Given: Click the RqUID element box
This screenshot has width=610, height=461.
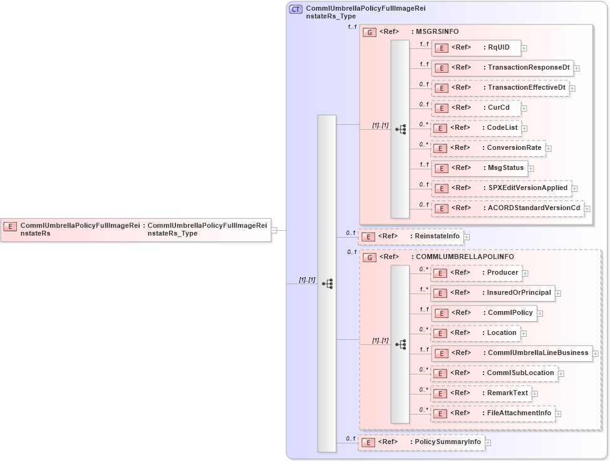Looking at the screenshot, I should (x=476, y=48).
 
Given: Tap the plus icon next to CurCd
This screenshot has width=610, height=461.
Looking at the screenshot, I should (x=524, y=108).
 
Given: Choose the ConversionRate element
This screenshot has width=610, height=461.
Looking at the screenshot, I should (x=488, y=148).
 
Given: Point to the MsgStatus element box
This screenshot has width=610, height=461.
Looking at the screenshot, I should (x=479, y=168).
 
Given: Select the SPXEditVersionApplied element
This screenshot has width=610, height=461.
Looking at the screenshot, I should (x=501, y=188).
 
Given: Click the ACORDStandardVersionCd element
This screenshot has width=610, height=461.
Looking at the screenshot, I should (x=507, y=208).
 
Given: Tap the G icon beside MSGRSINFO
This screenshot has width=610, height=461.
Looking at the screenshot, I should (x=370, y=31).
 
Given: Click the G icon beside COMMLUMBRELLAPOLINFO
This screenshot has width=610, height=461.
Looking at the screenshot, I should (x=370, y=257).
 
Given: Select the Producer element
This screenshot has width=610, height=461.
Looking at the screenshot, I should (x=477, y=273).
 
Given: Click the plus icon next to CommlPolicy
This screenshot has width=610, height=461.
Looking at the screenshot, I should (x=540, y=313).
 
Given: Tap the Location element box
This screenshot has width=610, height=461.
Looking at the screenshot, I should (x=475, y=333).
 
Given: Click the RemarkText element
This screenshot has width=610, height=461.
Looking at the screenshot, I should (x=482, y=393).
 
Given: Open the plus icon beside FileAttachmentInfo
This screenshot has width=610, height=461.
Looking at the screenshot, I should (x=559, y=413).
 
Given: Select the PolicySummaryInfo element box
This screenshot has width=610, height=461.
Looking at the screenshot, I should (x=421, y=442).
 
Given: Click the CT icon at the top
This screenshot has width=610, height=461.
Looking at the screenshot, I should (x=296, y=9).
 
